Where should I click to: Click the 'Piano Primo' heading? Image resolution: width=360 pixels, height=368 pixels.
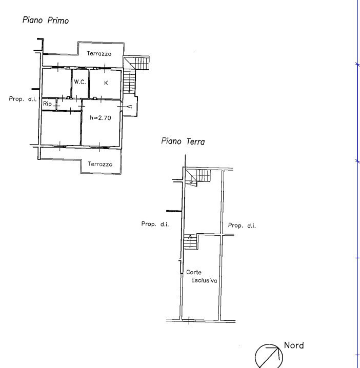(x=46, y=21)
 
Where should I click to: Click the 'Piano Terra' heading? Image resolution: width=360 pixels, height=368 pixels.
(x=183, y=141)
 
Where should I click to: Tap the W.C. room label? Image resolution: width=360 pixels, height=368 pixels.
(x=79, y=82)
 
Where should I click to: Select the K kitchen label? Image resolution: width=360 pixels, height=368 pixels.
(x=106, y=83)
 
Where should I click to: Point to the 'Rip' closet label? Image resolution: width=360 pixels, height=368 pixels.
(x=47, y=104)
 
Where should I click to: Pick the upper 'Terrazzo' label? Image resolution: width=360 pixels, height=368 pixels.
(x=99, y=53)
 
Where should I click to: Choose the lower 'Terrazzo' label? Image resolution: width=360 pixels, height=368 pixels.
(x=99, y=165)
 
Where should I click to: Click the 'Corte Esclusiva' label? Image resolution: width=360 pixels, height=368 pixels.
(x=201, y=277)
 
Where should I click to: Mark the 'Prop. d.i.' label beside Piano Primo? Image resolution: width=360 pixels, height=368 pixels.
(x=23, y=99)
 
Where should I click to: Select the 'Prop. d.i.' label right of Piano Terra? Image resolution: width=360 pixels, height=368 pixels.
(x=242, y=226)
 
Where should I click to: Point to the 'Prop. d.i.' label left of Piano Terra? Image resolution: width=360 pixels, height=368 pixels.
(x=155, y=224)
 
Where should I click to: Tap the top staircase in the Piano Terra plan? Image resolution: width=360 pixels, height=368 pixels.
(x=198, y=176)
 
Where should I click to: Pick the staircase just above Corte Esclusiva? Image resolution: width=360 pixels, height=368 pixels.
(x=191, y=241)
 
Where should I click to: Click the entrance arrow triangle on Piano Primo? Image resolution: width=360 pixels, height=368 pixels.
(x=129, y=107)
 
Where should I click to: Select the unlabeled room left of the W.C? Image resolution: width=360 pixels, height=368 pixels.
(x=56, y=83)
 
